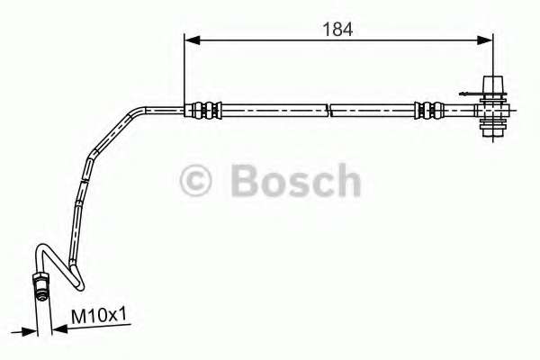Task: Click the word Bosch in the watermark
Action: [296, 181]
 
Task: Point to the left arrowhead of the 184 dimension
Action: [190, 40]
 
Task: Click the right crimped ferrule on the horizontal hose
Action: [428, 111]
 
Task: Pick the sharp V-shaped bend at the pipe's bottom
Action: [79, 283]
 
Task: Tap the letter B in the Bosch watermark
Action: [247, 181]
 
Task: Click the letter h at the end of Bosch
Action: [347, 181]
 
